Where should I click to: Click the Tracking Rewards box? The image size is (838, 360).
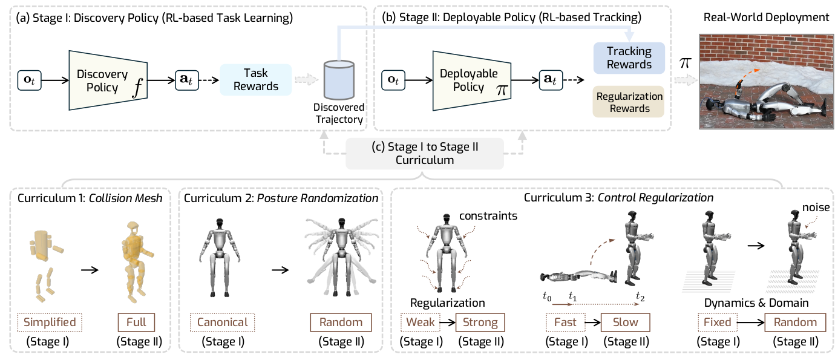pyautogui.click(x=629, y=58)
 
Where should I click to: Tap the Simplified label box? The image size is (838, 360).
pyautogui.click(x=50, y=322)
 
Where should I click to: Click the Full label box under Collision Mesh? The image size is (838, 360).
pyautogui.click(x=136, y=322)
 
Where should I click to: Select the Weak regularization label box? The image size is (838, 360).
pyautogui.click(x=421, y=322)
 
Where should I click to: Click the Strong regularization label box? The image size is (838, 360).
pyautogui.click(x=480, y=322)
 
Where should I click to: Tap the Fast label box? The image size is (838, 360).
pyautogui.click(x=565, y=322)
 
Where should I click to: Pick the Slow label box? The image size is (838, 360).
pyautogui.click(x=625, y=322)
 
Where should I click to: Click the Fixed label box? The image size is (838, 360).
pyautogui.click(x=718, y=322)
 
